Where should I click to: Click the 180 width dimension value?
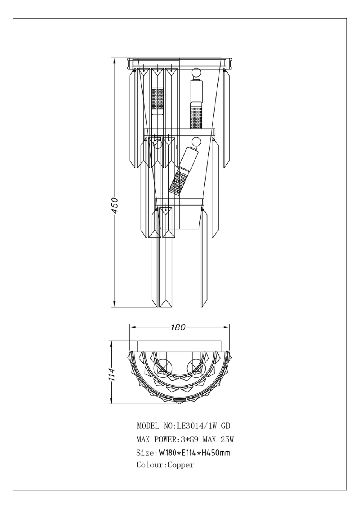(x=178, y=327)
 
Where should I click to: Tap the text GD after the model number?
(x=226, y=426)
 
